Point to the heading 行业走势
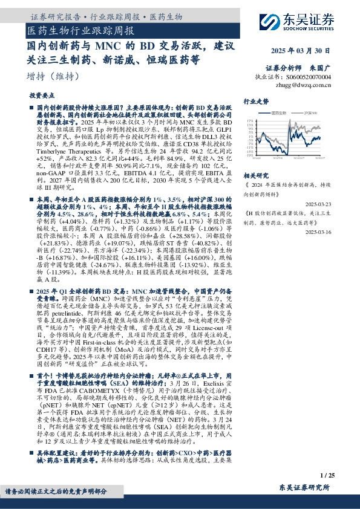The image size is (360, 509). click(255, 102)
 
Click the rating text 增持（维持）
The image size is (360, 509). click(53, 76)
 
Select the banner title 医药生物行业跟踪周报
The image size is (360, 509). click(82, 30)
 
